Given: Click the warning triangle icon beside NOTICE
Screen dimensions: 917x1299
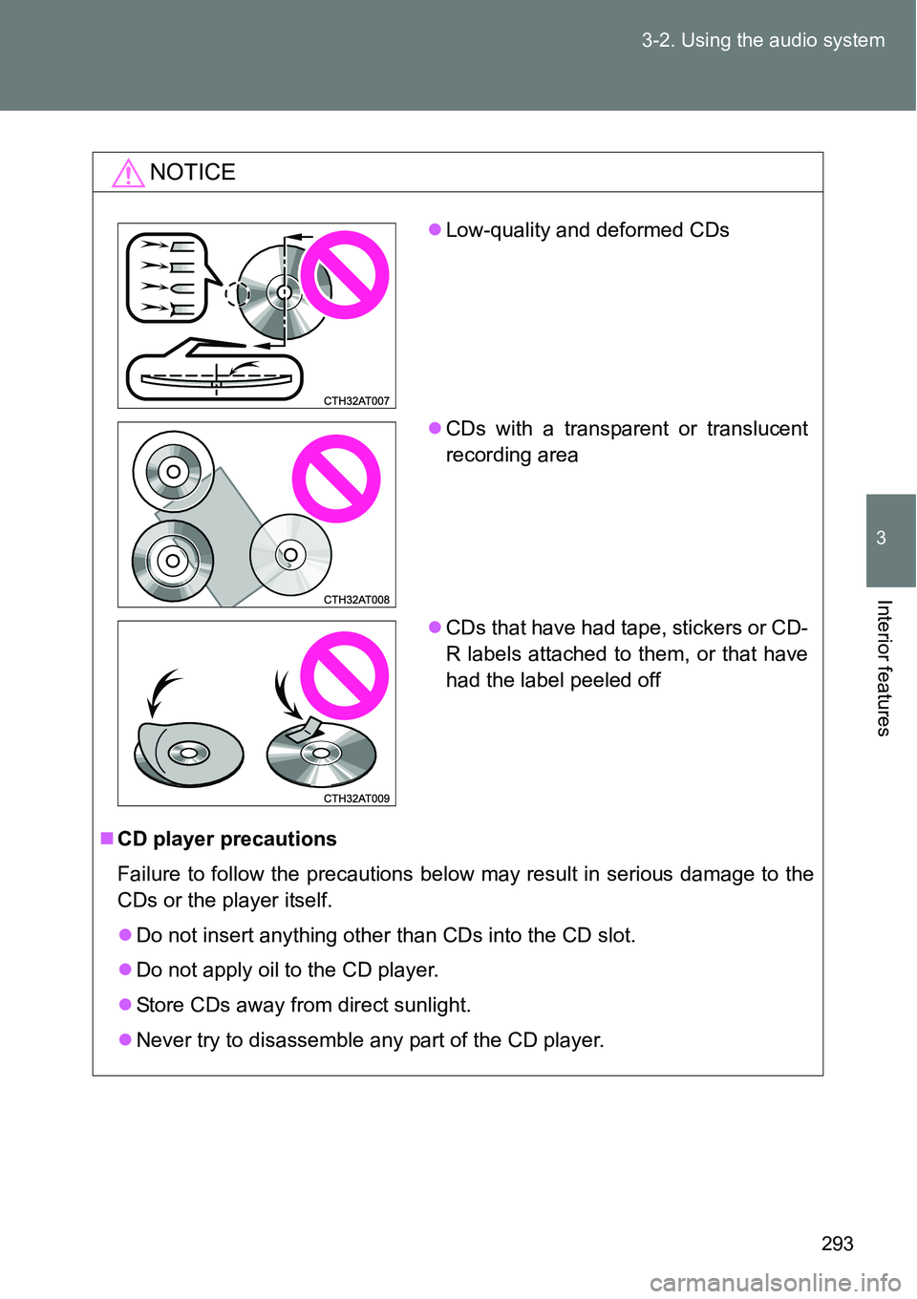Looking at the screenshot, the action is [128, 173].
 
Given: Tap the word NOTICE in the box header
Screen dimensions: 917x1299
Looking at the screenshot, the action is [193, 172].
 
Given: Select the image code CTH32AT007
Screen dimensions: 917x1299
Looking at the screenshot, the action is [356, 401].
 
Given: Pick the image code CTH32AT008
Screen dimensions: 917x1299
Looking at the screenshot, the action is [356, 600].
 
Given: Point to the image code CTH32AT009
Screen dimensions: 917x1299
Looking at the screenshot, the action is [356, 799].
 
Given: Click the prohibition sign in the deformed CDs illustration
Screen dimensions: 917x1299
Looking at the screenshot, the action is [344, 275].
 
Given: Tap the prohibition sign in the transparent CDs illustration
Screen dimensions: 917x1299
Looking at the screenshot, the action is [336, 479].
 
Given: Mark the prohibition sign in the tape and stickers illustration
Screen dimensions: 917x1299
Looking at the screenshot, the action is [344, 675].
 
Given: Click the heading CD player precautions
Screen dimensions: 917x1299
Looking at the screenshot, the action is [226, 840].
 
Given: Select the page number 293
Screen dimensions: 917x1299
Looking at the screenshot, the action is [838, 1244].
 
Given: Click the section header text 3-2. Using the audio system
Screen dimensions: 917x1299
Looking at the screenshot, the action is [762, 40].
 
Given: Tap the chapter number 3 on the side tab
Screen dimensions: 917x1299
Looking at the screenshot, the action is [881, 538].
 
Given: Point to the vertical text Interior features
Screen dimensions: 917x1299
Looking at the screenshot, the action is [883, 668].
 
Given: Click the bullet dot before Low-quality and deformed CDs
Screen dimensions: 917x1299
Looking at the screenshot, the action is [435, 230].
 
